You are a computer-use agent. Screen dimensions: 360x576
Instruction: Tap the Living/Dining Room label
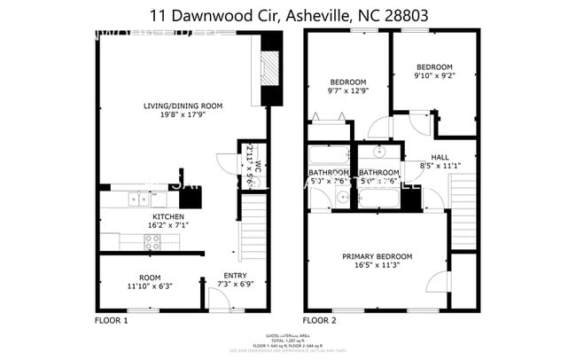[x=183, y=106]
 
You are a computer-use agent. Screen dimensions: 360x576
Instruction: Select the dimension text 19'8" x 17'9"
[x=183, y=115]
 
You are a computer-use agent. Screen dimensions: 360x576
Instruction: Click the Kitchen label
[x=167, y=216]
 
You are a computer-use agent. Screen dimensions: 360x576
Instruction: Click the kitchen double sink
[x=138, y=199]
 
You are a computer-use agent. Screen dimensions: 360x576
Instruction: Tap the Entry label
[x=235, y=275]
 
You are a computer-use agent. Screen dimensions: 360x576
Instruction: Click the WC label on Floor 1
[x=258, y=167]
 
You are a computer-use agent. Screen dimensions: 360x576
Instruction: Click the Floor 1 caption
[x=111, y=319]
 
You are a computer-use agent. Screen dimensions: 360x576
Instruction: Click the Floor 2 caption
[x=320, y=319]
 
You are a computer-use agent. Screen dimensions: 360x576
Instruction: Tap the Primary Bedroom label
[x=378, y=257]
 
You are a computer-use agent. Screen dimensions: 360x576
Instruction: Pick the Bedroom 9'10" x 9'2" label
[x=434, y=67]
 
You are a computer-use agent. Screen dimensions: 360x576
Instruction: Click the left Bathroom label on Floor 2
[x=329, y=173]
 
